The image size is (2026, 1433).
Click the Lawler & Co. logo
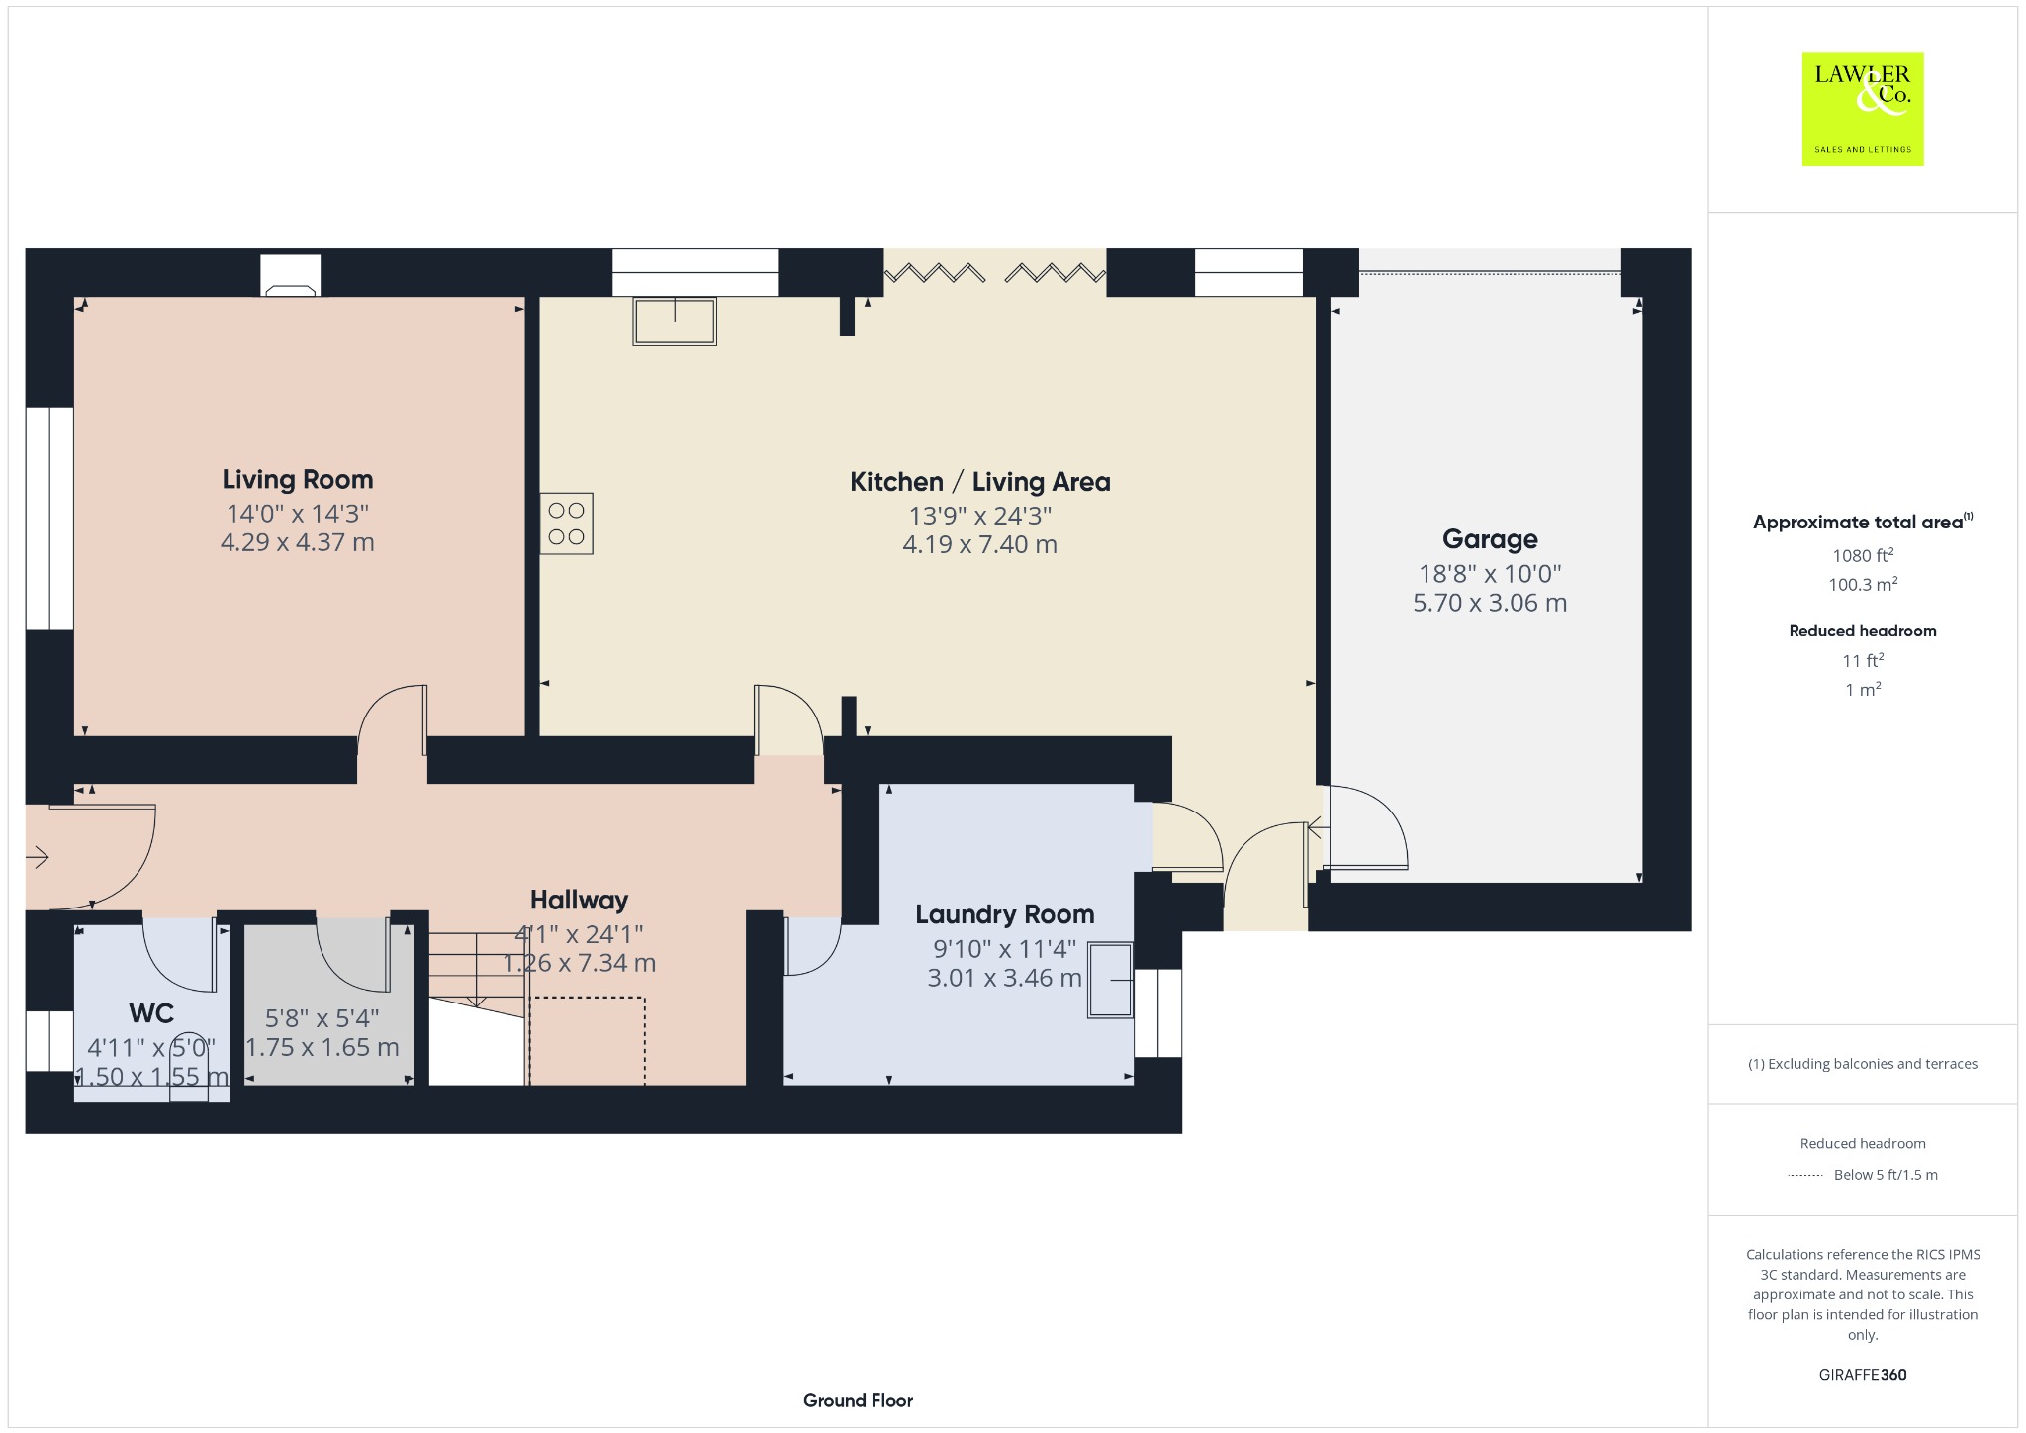point(1862,109)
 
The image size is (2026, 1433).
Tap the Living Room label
point(298,480)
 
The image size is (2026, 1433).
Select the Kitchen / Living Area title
point(979,482)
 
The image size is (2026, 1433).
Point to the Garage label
point(1490,539)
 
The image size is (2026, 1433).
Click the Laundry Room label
point(1004,914)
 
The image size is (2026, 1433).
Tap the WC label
point(151,1013)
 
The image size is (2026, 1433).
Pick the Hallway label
point(579,900)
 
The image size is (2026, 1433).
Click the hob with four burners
point(567,524)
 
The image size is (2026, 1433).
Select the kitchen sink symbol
point(675,321)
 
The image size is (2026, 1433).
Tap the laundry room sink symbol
point(1111,980)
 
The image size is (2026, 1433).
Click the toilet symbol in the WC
point(188,1069)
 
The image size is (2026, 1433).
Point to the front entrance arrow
point(38,857)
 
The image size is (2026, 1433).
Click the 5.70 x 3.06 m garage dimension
point(1490,603)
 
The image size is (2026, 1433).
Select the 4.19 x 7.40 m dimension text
point(979,545)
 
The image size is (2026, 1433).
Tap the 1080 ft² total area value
point(1862,555)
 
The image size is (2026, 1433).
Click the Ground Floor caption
point(858,1400)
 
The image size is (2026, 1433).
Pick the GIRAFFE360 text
point(1863,1375)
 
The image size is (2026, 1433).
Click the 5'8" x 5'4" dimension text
point(322,1018)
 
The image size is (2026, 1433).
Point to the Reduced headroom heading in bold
point(1863,631)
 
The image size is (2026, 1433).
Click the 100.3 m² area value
point(1863,585)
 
